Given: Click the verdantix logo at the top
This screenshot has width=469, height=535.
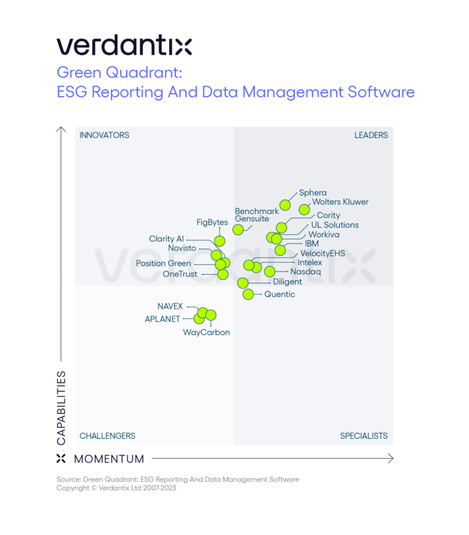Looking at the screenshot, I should (124, 45).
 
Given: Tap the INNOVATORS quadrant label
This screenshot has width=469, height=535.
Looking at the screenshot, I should (104, 135).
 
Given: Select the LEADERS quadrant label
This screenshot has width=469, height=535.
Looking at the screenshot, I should (371, 135).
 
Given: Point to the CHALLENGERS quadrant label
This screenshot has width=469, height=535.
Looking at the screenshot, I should (107, 436).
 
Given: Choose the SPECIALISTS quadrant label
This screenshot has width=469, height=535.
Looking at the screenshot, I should (363, 436).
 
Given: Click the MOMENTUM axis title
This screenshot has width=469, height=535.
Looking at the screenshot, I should (109, 459).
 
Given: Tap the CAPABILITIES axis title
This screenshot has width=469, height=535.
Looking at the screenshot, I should (61, 407).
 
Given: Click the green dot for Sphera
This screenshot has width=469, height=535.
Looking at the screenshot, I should (285, 205).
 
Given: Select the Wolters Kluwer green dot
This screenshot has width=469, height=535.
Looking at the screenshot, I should (304, 209).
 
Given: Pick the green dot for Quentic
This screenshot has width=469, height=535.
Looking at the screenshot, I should (248, 294).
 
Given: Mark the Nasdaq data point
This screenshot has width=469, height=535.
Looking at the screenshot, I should (269, 272).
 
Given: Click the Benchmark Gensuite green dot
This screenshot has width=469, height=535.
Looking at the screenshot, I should (238, 230).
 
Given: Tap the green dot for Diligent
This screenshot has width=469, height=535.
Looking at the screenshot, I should (243, 283).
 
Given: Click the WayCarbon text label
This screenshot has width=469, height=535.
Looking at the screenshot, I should (206, 333).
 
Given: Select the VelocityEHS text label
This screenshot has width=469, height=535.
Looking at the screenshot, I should (322, 253).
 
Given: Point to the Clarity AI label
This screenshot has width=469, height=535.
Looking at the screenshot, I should (166, 239).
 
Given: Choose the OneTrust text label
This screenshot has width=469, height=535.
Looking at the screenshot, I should (180, 274).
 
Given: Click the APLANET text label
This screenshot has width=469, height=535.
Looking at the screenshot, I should (162, 319).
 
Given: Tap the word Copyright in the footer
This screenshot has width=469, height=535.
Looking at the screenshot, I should (73, 488).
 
